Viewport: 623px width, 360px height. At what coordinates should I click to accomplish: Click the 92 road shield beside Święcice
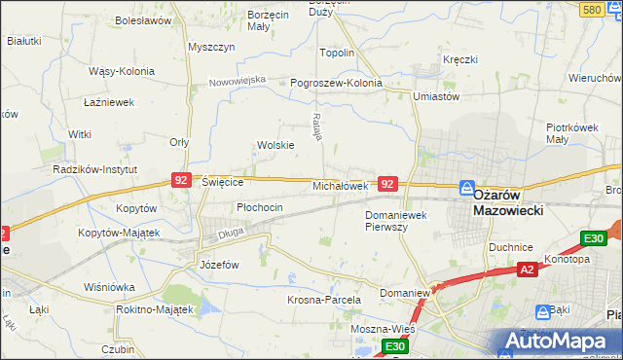pyautogui.click(x=180, y=180)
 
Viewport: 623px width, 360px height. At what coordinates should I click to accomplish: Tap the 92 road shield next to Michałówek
pyautogui.click(x=387, y=184)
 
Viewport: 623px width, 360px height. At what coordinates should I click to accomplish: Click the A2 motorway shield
pyautogui.click(x=527, y=270)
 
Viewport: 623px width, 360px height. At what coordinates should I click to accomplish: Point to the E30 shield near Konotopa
pyautogui.click(x=593, y=239)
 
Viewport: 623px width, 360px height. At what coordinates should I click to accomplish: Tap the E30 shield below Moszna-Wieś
pyautogui.click(x=393, y=347)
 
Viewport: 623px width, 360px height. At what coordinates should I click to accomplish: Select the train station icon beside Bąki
pyautogui.click(x=542, y=312)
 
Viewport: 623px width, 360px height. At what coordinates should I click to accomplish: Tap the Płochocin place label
pyautogui.click(x=260, y=207)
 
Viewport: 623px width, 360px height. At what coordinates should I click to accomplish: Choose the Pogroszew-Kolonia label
pyautogui.click(x=336, y=83)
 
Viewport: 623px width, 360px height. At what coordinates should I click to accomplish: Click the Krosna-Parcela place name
pyautogui.click(x=324, y=300)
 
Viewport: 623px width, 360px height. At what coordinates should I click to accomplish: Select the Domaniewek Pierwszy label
pyautogui.click(x=399, y=220)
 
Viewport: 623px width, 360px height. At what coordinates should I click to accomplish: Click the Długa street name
pyautogui.click(x=231, y=233)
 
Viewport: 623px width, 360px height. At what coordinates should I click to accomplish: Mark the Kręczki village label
pyautogui.click(x=459, y=59)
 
